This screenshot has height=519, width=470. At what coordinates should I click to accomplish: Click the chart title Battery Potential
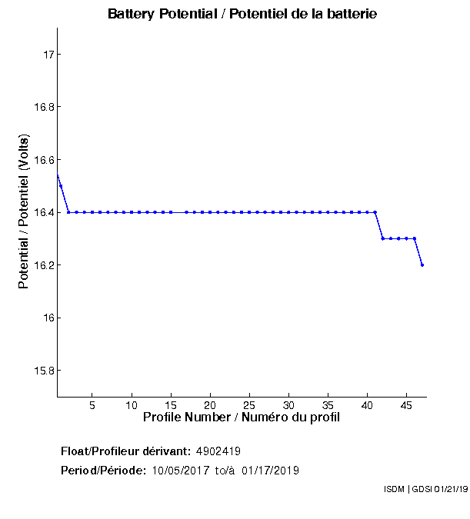tap(242, 15)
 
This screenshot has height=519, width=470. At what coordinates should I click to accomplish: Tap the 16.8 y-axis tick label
tap(42, 107)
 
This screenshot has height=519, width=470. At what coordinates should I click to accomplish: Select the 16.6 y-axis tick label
tap(42, 160)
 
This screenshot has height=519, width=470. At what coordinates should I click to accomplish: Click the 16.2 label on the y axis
tap(42, 265)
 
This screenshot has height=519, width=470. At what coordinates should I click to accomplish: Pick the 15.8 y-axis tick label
tap(42, 371)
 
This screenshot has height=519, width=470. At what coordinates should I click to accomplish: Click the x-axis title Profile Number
tap(241, 418)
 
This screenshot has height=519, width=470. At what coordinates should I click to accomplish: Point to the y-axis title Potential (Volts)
tap(24, 212)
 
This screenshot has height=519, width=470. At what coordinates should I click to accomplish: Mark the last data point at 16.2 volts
tap(422, 264)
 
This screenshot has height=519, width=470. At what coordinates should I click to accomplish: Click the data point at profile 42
tap(383, 238)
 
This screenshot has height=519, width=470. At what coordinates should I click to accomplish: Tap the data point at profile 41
tap(375, 212)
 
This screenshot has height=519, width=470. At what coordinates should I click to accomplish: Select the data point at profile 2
tap(68, 212)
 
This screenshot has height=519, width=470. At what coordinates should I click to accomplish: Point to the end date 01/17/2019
tap(270, 471)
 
